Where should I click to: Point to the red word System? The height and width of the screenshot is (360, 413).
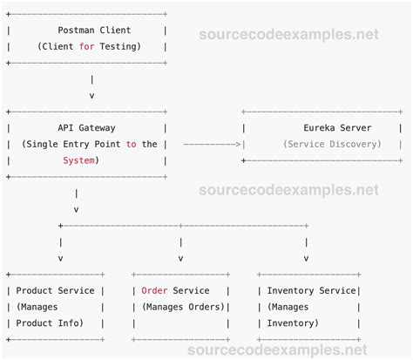click(x=80, y=160)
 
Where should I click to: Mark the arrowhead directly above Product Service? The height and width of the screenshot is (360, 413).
click(x=59, y=258)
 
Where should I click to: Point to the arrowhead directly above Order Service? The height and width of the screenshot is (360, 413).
click(x=180, y=258)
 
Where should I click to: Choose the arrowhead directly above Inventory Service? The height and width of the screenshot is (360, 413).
click(x=306, y=258)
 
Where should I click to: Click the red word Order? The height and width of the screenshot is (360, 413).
click(x=154, y=291)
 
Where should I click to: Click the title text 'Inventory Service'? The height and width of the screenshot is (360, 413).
click(x=311, y=291)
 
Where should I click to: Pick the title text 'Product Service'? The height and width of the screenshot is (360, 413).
click(x=56, y=291)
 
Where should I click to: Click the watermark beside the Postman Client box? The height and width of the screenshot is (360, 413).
click(x=289, y=36)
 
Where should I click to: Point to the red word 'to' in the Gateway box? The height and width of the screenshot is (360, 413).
click(x=130, y=144)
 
